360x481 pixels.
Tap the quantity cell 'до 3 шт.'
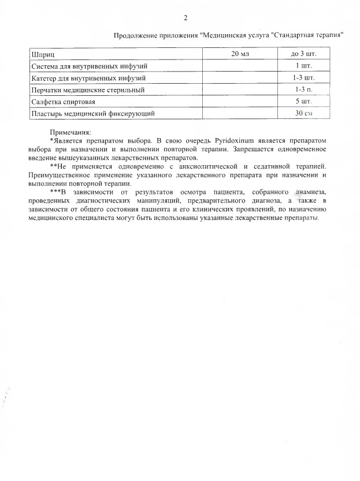(x=303, y=54)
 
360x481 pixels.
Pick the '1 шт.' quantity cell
(x=304, y=66)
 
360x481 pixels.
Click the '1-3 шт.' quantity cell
(x=304, y=78)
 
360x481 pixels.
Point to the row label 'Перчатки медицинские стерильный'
(x=87, y=90)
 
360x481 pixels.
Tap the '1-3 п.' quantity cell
(x=304, y=90)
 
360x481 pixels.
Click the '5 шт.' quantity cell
(x=304, y=102)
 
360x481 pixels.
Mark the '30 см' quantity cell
(x=304, y=114)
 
